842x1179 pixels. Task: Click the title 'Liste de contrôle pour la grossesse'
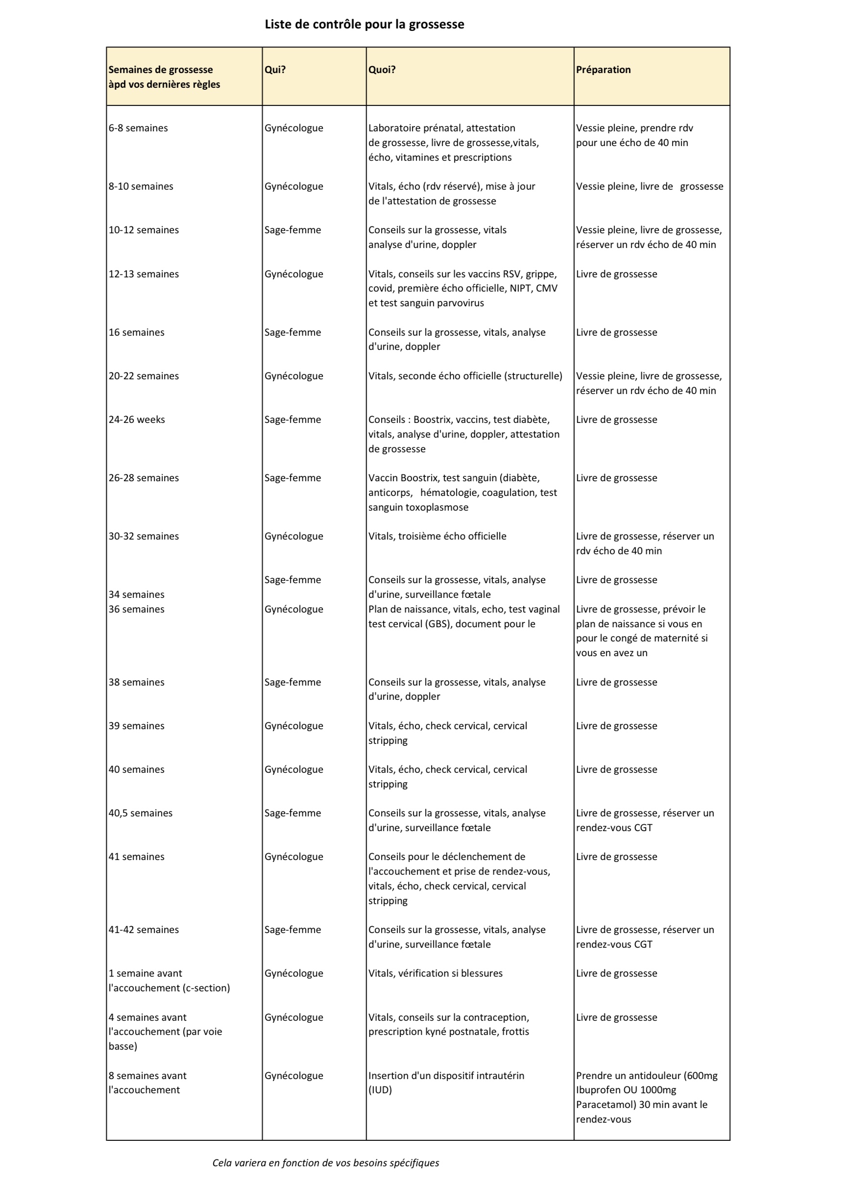[x=364, y=25]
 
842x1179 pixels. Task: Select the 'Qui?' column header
[x=275, y=70]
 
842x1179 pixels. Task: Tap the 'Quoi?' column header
[x=382, y=70]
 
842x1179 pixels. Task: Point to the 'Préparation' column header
[x=603, y=70]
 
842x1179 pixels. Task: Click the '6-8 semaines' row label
[x=138, y=128]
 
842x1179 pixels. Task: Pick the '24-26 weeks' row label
[x=136, y=419]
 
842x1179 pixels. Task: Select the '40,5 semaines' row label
[x=140, y=813]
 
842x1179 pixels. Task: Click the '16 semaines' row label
[x=136, y=333]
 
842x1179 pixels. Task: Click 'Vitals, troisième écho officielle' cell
[x=437, y=537]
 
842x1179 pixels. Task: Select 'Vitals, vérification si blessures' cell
[x=435, y=974]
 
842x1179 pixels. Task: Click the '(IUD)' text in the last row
[x=380, y=1090]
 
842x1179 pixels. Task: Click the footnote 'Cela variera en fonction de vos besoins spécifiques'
[x=325, y=1163]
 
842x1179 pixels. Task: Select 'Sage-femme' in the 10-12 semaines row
[x=292, y=230]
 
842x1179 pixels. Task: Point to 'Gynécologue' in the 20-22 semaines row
[x=293, y=376]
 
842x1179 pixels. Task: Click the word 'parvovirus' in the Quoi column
[x=458, y=303]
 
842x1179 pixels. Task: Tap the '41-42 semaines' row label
[x=143, y=930]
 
